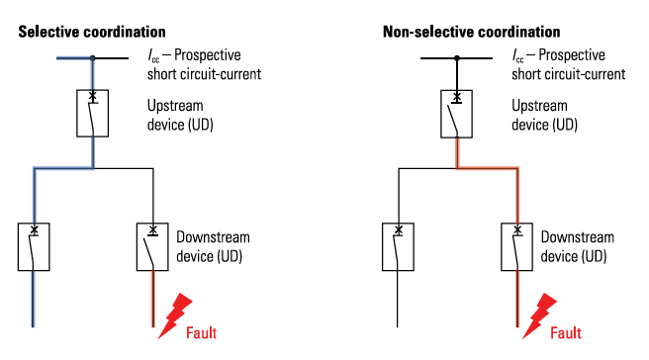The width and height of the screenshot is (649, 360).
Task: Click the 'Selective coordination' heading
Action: click(92, 32)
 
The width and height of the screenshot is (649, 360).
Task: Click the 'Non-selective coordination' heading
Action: click(472, 32)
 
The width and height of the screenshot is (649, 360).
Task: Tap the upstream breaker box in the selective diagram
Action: click(77, 114)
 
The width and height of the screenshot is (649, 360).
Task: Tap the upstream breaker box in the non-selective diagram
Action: click(441, 114)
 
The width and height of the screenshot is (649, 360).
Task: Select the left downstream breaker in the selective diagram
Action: click(19, 247)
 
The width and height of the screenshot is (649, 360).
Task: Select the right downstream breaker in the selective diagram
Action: click(138, 247)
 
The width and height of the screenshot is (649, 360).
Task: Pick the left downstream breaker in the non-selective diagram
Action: click(383, 247)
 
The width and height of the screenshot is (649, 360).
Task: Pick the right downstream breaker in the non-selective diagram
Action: click(502, 247)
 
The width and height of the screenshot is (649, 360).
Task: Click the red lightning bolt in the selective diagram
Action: click(175, 315)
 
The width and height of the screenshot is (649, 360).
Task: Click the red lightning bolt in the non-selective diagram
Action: click(539, 315)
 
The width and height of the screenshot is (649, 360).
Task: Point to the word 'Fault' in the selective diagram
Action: click(201, 332)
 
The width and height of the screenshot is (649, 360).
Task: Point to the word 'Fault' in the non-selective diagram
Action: click(566, 332)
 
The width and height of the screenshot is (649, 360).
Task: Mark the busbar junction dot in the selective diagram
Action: click(93, 58)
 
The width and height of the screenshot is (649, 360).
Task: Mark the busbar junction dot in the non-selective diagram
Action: click(457, 58)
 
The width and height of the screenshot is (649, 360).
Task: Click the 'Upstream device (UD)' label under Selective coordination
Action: click(180, 115)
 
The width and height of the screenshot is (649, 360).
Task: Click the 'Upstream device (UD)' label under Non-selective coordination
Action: click(545, 115)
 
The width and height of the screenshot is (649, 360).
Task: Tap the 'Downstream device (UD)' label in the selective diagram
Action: click(213, 246)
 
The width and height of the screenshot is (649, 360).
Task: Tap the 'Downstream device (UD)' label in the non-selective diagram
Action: click(578, 246)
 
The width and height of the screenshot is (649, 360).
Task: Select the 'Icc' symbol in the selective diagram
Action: click(153, 55)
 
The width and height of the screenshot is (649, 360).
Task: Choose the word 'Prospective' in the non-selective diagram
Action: click(572, 55)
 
